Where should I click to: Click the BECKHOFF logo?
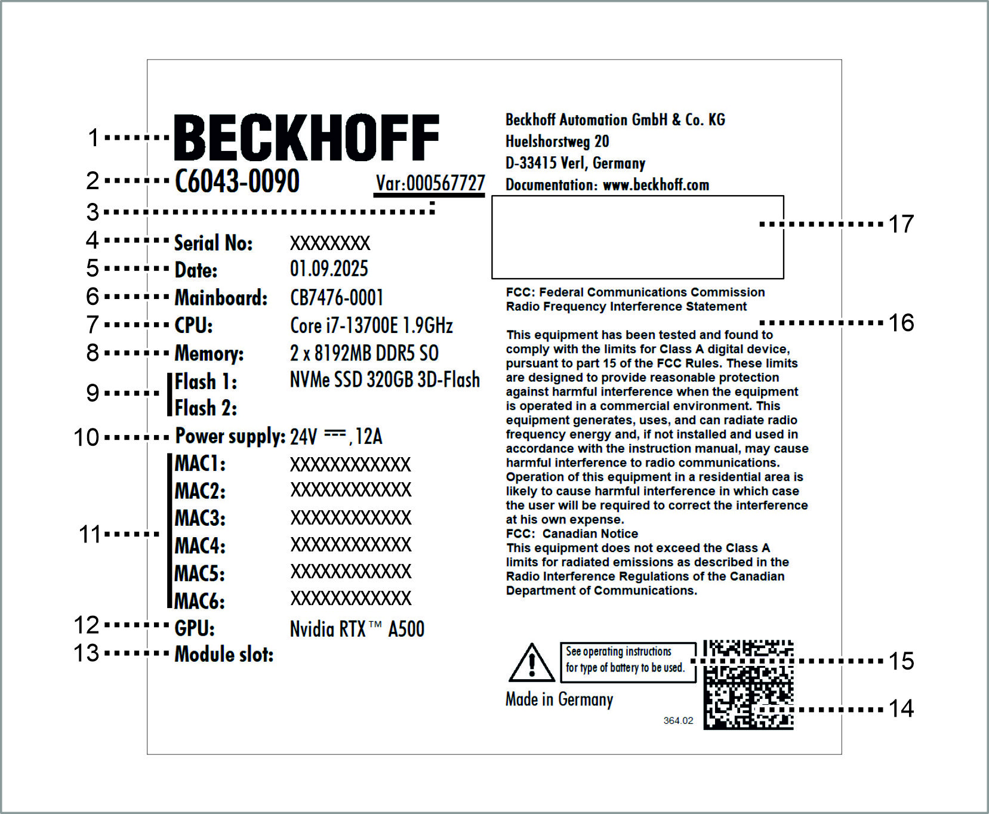point(306,138)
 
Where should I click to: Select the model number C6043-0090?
point(237,181)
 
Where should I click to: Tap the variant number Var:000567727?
point(430,183)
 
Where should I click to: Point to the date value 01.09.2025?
point(329,269)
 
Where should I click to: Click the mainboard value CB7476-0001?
point(336,297)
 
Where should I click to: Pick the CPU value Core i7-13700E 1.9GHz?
point(371,325)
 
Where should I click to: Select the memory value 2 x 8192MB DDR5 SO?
point(364,353)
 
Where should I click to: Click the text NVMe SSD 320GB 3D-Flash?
point(384,380)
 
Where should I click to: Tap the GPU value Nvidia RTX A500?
point(357,628)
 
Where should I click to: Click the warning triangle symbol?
point(531,664)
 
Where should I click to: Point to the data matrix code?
point(748,684)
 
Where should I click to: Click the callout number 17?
point(901,224)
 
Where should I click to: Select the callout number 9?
point(93,393)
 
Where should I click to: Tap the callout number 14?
point(901,709)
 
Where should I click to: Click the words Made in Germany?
point(559,699)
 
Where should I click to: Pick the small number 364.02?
point(678,721)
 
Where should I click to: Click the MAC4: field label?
point(200,545)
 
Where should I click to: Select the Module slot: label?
point(224,655)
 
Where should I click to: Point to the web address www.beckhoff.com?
point(655,185)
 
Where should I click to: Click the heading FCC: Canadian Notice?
point(572,534)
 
